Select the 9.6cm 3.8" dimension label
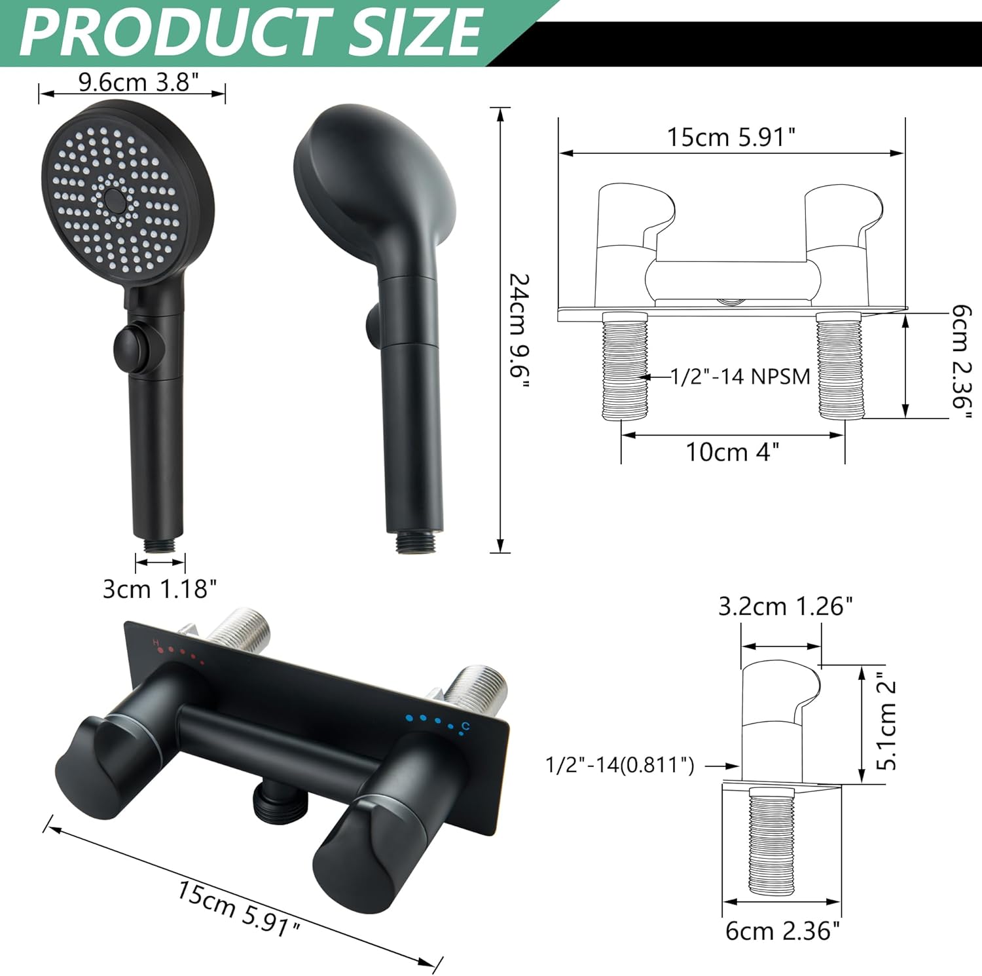(138, 82)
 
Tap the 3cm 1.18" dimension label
(159, 588)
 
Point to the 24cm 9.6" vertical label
(519, 334)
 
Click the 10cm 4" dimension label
(732, 452)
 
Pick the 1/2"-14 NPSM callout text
(740, 377)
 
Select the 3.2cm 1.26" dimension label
(785, 607)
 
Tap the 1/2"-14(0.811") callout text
(620, 764)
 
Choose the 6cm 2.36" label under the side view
(782, 931)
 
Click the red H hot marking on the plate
(156, 642)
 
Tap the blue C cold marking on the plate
(466, 725)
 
